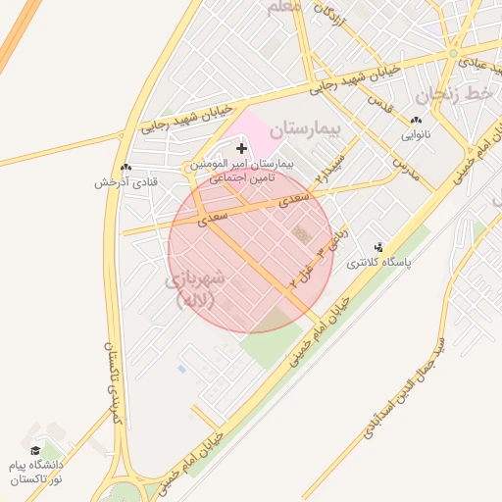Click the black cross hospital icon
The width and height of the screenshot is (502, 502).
coord(242,148)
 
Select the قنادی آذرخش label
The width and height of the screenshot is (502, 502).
coord(125,182)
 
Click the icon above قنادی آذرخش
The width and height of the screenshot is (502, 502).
coord(125,168)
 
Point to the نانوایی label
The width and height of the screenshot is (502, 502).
coord(416,135)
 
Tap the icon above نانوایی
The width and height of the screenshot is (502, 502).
coord(416,121)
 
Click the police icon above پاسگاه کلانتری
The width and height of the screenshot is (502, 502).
coord(379,247)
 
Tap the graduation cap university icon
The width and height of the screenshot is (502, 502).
coord(36,450)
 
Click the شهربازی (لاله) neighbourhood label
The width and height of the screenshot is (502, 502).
coord(199,289)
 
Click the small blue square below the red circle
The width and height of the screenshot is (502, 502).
coord(181,369)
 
